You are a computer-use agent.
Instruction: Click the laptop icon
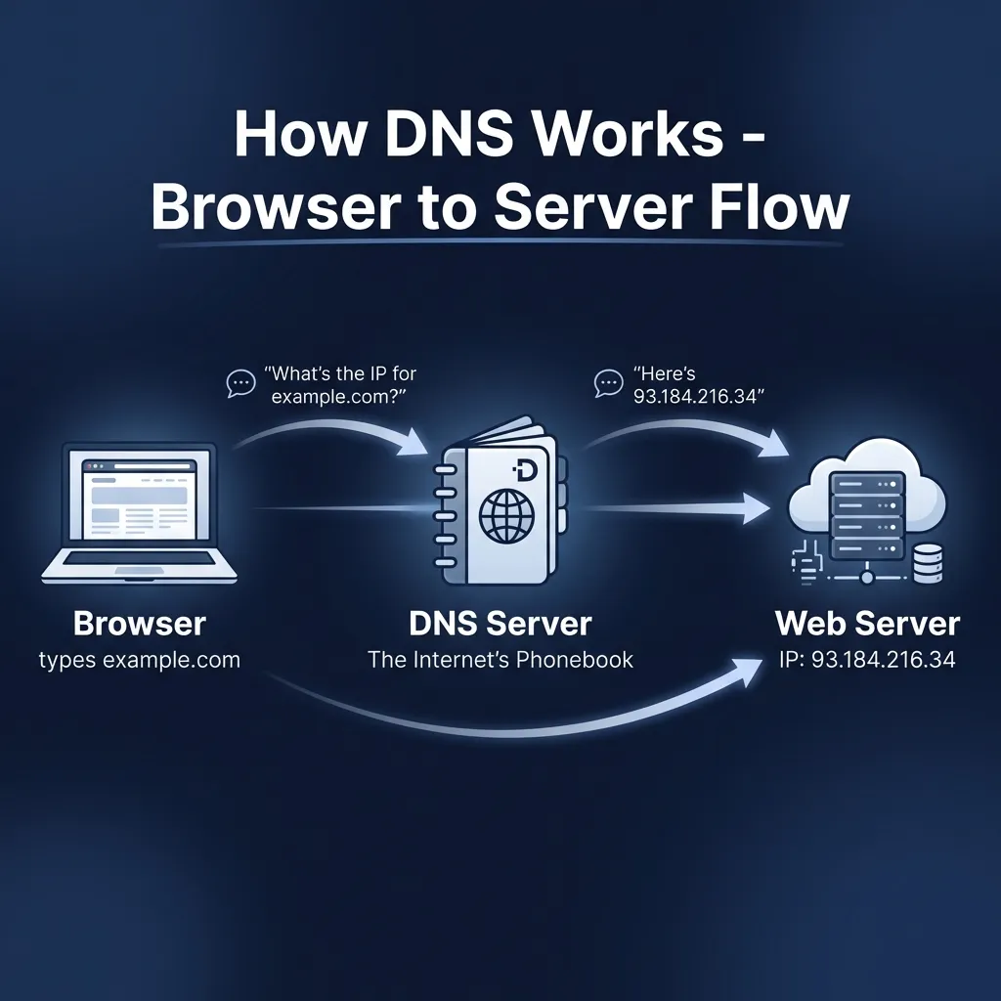coord(138,517)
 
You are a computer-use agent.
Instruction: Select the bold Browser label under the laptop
coord(140,623)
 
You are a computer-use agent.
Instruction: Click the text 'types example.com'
coord(140,660)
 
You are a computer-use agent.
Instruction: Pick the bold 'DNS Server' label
coord(500,623)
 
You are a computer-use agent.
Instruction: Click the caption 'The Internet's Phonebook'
coord(500,660)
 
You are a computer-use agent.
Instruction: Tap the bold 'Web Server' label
coord(867,623)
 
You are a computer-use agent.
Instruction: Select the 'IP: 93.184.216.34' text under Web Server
coord(867,660)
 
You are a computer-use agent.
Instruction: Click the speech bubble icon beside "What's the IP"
coord(239,382)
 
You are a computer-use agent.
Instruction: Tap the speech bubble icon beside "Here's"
coord(608,382)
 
